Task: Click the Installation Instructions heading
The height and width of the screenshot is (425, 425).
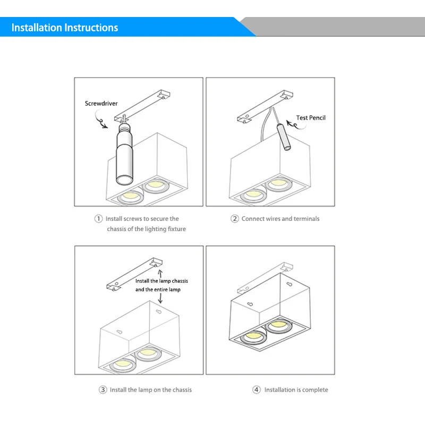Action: coord(65,28)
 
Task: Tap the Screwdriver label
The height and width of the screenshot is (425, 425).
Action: coord(101,104)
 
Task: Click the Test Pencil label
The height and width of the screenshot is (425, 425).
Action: coord(311,117)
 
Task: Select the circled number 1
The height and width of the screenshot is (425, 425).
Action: coord(98,219)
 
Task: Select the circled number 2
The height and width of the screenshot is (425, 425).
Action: coord(234,219)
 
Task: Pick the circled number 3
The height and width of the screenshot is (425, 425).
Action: coord(103,390)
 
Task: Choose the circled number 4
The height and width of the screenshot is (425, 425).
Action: coord(257,390)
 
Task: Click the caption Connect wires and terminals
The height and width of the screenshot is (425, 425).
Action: coord(280,219)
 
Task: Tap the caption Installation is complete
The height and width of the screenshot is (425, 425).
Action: coord(296,390)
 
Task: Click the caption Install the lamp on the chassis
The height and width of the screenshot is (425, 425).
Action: coord(150,390)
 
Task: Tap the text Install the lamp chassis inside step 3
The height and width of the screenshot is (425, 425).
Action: coord(161,281)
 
